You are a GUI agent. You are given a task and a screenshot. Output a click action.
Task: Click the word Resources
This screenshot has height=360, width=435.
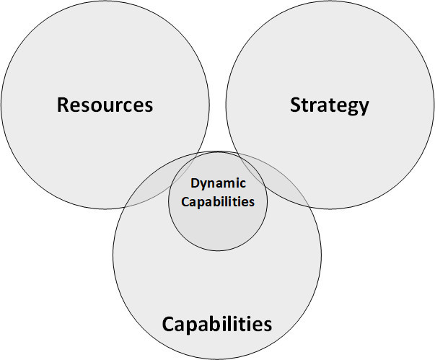(x=105, y=105)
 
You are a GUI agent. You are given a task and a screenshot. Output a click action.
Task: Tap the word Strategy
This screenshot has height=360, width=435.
(x=329, y=105)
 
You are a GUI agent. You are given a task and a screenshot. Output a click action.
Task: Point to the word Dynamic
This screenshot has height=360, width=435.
(x=218, y=184)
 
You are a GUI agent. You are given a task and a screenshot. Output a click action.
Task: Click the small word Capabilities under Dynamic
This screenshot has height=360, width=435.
(x=217, y=201)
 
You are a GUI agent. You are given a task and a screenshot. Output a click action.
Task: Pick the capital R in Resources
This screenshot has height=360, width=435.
(x=63, y=105)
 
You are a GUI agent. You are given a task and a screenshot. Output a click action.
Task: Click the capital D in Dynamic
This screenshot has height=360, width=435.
(x=195, y=183)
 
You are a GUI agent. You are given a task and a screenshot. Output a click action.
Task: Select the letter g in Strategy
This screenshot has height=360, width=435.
(x=348, y=107)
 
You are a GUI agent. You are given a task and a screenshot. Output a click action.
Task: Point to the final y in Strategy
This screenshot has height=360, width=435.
(x=363, y=107)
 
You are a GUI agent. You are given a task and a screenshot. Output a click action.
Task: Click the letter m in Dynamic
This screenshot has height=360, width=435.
(x=229, y=184)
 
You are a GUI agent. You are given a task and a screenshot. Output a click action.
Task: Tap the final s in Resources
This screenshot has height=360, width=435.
(x=149, y=106)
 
